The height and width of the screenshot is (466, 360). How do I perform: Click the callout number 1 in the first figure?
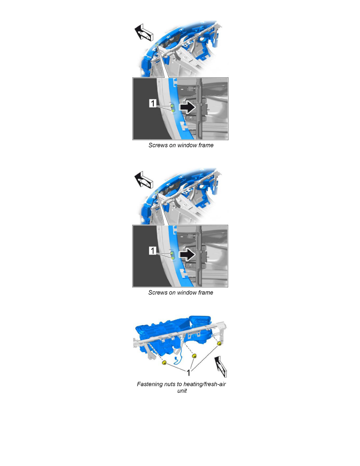click(x=153, y=103)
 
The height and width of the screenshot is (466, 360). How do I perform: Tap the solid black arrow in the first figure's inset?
click(x=187, y=107)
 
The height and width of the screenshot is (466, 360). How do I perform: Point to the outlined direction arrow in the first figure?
click(x=144, y=32)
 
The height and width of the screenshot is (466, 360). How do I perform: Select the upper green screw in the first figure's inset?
click(x=172, y=106)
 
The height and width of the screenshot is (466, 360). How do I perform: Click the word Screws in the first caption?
click(x=158, y=145)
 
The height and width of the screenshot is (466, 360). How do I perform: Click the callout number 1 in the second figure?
click(x=153, y=251)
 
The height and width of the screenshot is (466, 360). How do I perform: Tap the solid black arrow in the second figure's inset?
click(x=187, y=255)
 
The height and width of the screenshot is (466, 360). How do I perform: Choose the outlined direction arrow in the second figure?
click(x=144, y=180)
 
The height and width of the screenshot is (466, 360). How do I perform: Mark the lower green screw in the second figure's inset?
click(x=173, y=258)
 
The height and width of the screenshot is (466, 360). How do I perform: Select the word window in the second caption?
click(x=185, y=293)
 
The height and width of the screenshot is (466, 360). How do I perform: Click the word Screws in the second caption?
click(x=158, y=293)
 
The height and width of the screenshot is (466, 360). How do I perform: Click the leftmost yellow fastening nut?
click(x=164, y=362)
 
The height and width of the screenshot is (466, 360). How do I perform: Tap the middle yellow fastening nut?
click(x=195, y=356)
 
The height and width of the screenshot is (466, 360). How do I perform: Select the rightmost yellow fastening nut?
click(x=220, y=344)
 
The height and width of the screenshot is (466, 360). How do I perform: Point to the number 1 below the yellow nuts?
click(x=188, y=372)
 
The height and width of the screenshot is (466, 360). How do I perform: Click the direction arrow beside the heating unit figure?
click(x=221, y=366)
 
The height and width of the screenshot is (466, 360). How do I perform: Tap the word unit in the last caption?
click(x=182, y=391)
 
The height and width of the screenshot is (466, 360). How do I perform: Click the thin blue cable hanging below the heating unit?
click(x=177, y=359)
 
